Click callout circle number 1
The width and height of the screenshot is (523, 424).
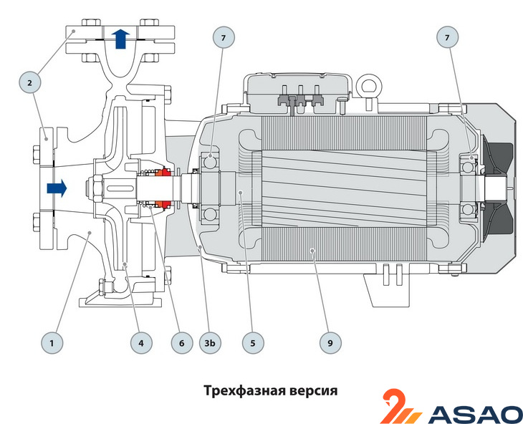(52, 344)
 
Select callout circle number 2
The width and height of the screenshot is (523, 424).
(29, 83)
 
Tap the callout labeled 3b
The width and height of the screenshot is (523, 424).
(211, 344)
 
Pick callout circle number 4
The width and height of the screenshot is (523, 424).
(141, 344)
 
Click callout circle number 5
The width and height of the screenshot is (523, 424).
(252, 344)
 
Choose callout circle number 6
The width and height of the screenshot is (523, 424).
(181, 344)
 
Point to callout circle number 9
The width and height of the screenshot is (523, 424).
(330, 344)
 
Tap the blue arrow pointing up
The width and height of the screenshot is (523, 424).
(120, 38)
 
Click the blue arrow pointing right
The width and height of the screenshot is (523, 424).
(56, 188)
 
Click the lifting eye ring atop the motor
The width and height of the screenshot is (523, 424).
(370, 87)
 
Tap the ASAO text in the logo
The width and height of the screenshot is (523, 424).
(476, 413)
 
